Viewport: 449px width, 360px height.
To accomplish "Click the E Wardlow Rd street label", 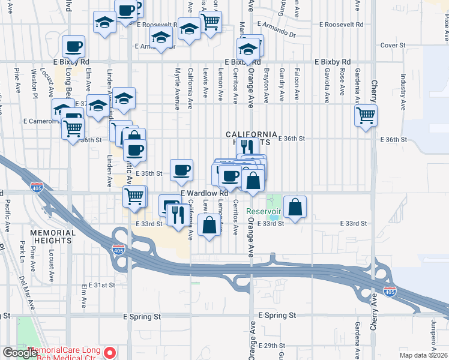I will (205, 193).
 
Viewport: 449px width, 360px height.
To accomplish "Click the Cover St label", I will (393, 45).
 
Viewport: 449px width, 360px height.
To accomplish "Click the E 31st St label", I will (101, 285).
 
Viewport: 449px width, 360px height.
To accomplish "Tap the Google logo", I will (19, 353).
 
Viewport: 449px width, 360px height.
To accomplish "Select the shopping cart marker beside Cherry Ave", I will (365, 115).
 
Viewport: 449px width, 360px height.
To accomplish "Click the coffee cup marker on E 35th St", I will (181, 170).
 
